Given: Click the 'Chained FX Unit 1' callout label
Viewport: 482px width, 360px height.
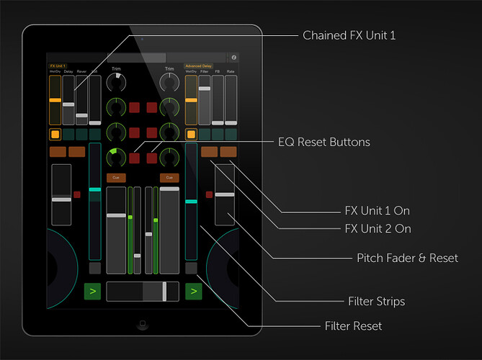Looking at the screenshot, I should (x=349, y=35).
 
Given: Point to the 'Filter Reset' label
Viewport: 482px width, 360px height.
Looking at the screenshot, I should (x=353, y=326).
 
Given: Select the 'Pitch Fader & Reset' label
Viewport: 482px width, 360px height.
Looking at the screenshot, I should (x=407, y=258).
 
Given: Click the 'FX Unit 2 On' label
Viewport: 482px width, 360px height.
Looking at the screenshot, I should (x=378, y=229).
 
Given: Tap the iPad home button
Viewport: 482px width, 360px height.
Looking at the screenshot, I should (x=141, y=326).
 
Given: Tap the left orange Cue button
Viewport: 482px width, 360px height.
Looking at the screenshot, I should (x=115, y=177).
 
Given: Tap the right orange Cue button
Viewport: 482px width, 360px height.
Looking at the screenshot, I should (x=169, y=177).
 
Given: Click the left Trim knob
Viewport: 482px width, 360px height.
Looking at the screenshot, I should (x=115, y=82).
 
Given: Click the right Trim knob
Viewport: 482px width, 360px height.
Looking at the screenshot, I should (x=169, y=82).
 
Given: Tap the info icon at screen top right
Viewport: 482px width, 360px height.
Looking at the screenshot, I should (x=233, y=57).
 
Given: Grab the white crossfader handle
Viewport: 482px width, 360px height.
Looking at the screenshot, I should (x=164, y=291).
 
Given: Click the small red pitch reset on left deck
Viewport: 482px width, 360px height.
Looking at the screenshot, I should (x=76, y=194).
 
